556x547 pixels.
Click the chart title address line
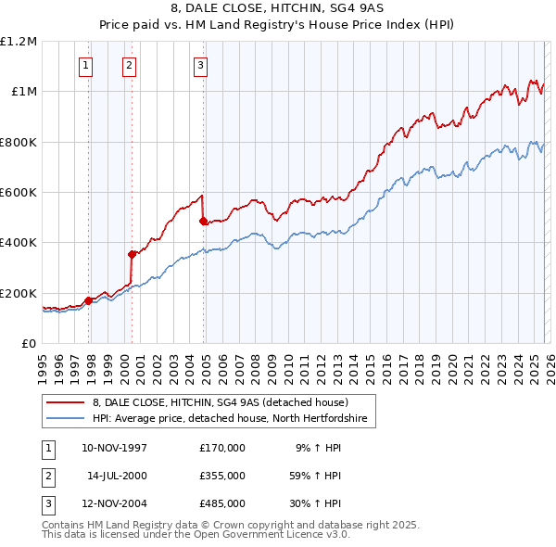(277, 9)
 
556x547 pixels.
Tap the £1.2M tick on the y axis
(19, 42)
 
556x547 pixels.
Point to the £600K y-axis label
(19, 193)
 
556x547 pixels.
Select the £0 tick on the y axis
(29, 344)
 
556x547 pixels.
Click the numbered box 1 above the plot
(85, 65)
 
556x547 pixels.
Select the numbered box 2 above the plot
(128, 65)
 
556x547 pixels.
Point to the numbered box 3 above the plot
(200, 65)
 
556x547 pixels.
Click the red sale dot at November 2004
(203, 221)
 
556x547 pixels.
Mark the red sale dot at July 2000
(133, 254)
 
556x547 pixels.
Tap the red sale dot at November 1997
(89, 300)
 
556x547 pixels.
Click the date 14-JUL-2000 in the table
(117, 476)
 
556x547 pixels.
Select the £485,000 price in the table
(221, 503)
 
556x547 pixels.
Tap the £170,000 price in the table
(221, 448)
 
